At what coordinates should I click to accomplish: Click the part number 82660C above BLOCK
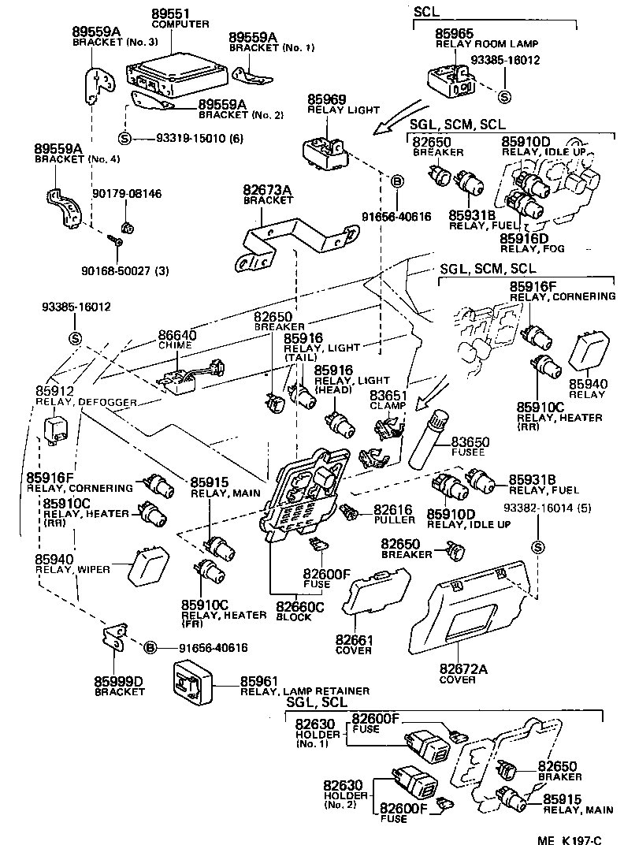(299, 607)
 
